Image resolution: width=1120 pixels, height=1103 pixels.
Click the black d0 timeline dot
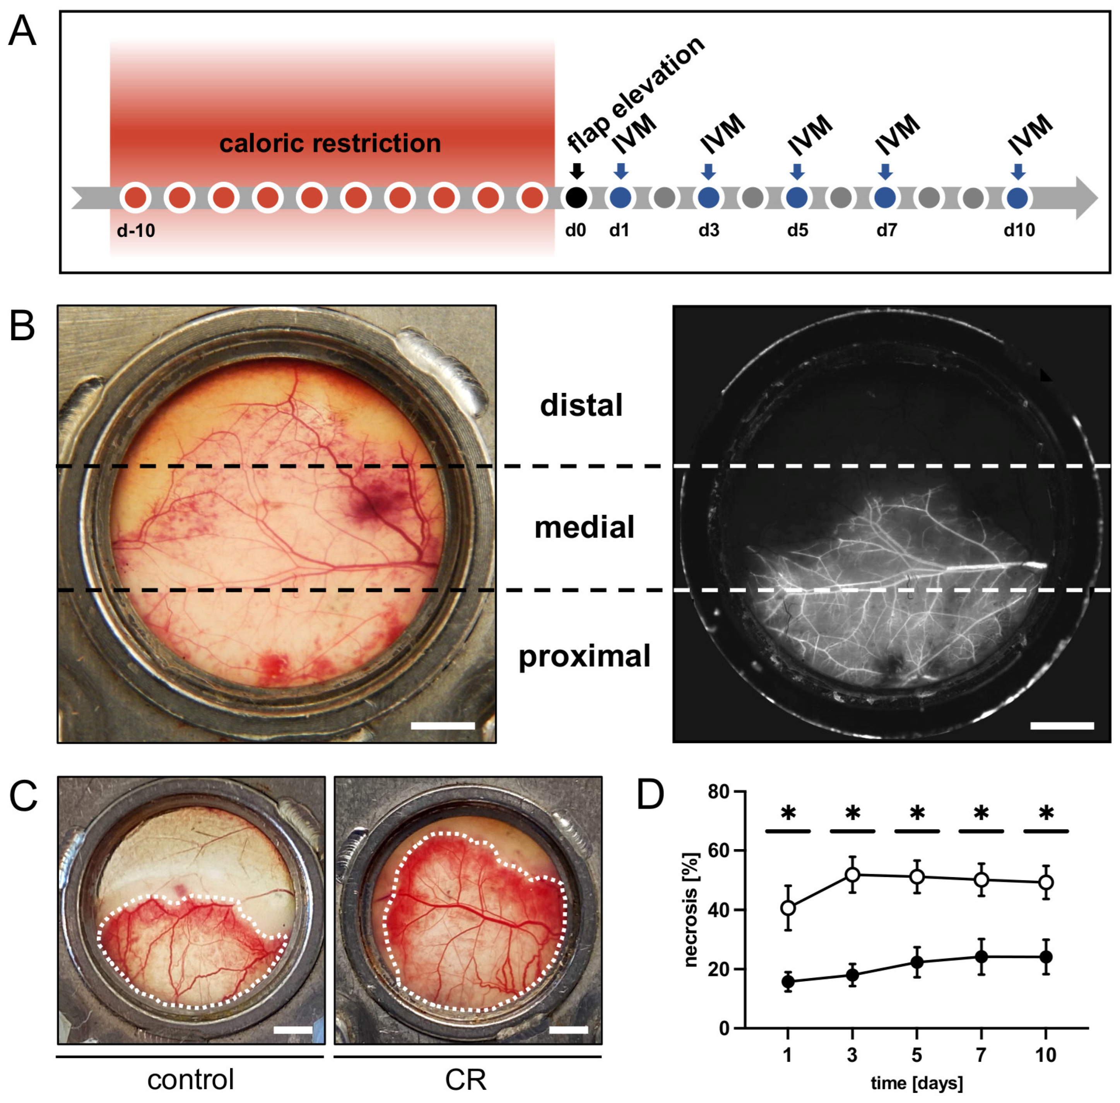(576, 198)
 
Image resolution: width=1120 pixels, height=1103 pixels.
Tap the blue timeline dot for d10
(1017, 198)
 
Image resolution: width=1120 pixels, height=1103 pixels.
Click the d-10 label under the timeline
(136, 231)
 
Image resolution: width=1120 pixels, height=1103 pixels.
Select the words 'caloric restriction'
(330, 143)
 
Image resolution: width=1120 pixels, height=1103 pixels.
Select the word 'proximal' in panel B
(584, 656)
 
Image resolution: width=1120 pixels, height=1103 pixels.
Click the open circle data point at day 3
(852, 875)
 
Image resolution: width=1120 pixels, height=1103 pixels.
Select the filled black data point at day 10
(1046, 956)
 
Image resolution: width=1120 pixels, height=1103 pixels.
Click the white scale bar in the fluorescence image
(1062, 725)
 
